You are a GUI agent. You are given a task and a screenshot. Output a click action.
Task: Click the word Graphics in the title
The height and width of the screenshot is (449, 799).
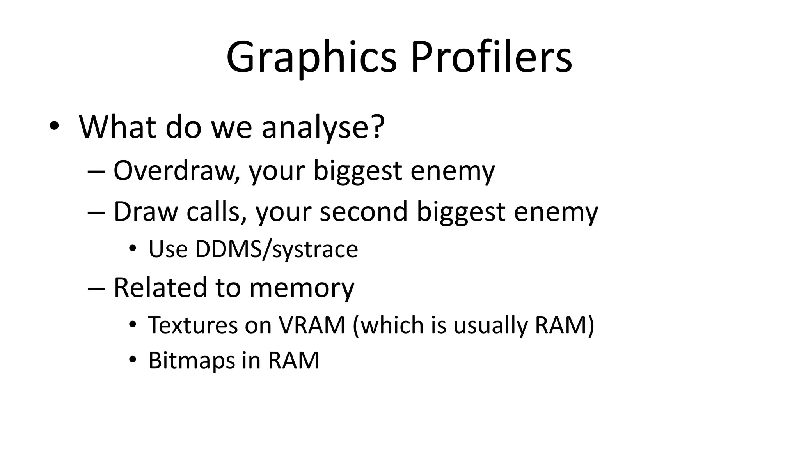point(311,58)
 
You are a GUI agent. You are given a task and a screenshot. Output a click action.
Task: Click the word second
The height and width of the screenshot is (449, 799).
point(364,212)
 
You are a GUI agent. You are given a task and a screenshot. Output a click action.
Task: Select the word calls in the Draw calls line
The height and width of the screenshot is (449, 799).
point(217,212)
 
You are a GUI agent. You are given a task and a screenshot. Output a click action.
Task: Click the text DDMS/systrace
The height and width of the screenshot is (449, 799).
point(276,249)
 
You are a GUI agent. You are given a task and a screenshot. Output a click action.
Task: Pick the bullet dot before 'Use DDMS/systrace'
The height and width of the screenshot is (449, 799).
point(133,248)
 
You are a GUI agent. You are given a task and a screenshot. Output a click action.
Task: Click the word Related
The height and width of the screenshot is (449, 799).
point(160,288)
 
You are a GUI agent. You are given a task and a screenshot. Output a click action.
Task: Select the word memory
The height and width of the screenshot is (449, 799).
point(302,288)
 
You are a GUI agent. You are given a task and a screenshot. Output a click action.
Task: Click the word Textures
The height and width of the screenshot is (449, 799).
point(193,325)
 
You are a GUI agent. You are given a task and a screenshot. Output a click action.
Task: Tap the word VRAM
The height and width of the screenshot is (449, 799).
point(312,325)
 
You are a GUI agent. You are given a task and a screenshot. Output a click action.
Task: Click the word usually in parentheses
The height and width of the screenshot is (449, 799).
point(490,326)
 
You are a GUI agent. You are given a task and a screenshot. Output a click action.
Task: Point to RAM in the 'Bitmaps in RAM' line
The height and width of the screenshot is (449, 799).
point(293,361)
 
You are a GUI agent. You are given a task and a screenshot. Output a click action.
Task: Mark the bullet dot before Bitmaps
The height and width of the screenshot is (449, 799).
point(133,360)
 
